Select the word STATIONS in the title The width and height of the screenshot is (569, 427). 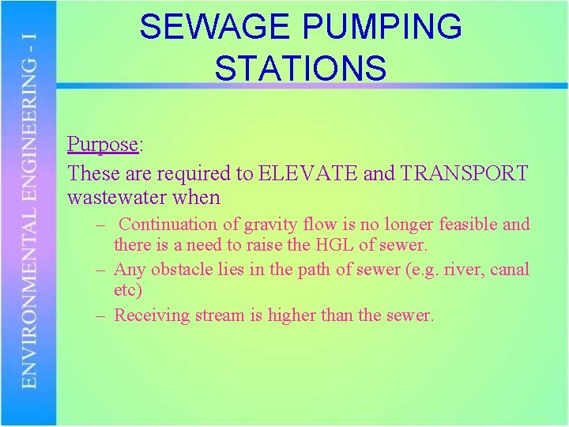tap(300, 67)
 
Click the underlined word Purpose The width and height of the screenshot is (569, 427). tap(103, 145)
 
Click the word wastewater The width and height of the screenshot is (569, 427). tap(125, 197)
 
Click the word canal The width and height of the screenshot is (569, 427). tap(510, 270)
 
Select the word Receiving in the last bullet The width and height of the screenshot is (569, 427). tap(153, 316)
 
